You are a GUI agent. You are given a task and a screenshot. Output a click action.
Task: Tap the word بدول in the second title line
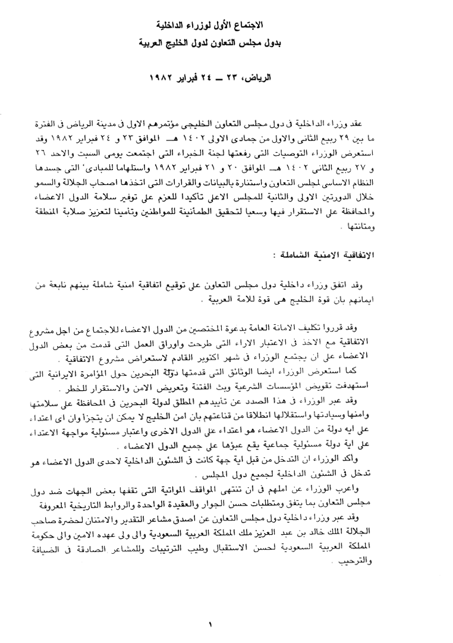click(285, 43)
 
